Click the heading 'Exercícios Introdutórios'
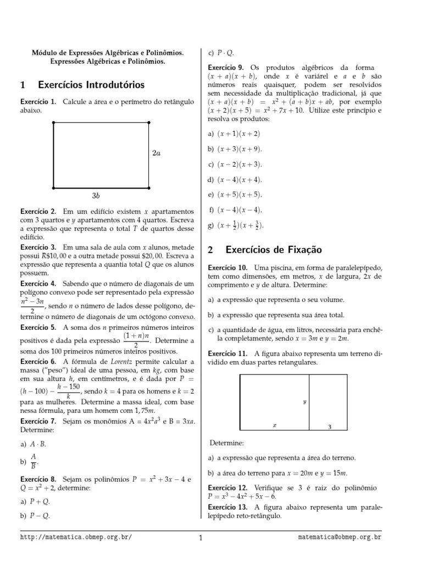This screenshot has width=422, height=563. pos(91,85)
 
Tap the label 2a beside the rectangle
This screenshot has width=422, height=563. pos(157,153)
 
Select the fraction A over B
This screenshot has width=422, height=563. pos(33,461)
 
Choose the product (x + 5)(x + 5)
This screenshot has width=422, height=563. pos(240,195)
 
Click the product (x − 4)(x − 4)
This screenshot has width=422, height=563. pos(240,209)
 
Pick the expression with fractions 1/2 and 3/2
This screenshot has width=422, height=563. pos(240,225)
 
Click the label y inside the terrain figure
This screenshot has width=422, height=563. pos(304,402)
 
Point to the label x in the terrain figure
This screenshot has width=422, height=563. pos(275,425)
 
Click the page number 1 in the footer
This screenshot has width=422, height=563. pos(201,538)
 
